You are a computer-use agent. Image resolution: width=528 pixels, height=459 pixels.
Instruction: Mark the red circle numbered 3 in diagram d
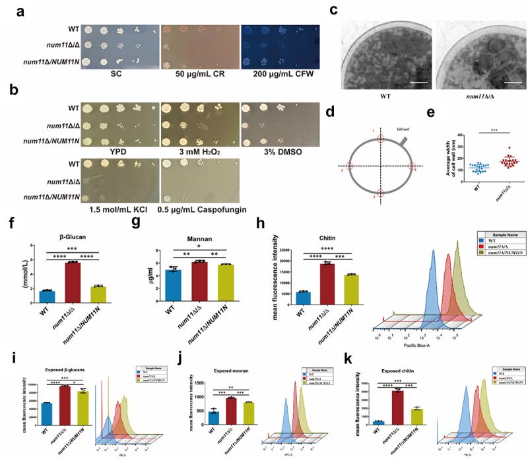[379, 195]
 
